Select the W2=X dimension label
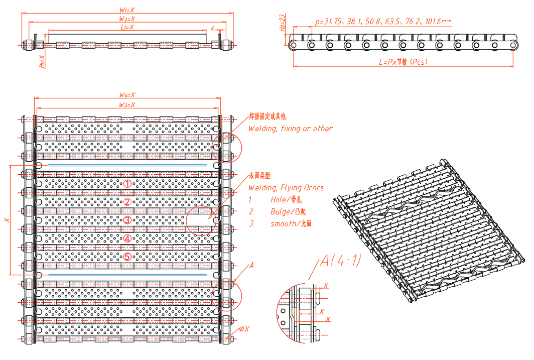tap(127, 19)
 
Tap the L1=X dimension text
tap(127, 27)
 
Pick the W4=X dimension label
tap(127, 95)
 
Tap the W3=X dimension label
tap(127, 104)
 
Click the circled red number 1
tap(127, 184)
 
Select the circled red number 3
tap(127, 220)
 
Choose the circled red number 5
tap(127, 257)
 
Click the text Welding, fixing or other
tap(291, 129)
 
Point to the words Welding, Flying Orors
tap(286, 188)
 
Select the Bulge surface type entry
tap(288, 212)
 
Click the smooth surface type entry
tap(291, 224)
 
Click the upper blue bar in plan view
tap(127, 165)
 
